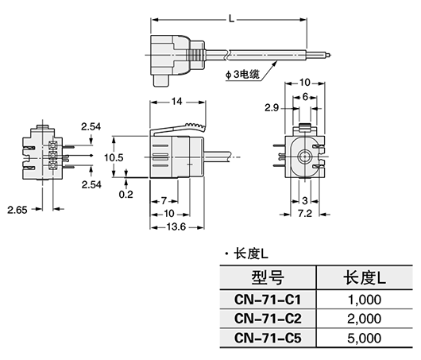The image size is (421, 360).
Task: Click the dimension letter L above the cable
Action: pyautogui.click(x=230, y=16)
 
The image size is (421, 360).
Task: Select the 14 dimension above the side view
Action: pyautogui.click(x=176, y=103)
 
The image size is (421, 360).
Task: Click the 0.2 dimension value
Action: pyautogui.click(x=125, y=192)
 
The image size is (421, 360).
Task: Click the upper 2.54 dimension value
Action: pyautogui.click(x=91, y=126)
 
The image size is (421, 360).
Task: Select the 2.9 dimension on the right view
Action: pyautogui.click(x=270, y=106)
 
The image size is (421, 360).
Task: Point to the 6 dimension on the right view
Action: pyautogui.click(x=303, y=95)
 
